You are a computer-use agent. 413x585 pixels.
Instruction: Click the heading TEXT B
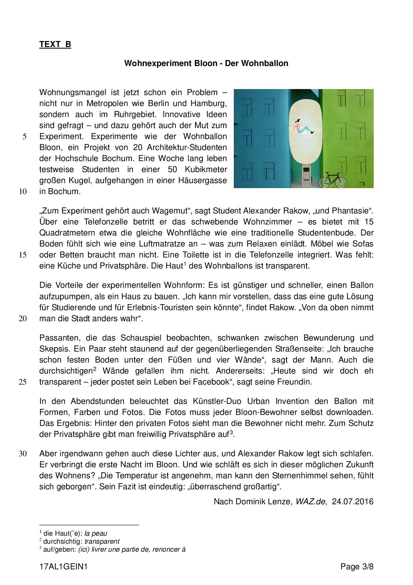click(55, 44)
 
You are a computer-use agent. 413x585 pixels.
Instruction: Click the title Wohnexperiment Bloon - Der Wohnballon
click(206, 63)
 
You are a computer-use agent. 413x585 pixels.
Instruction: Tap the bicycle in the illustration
click(332, 180)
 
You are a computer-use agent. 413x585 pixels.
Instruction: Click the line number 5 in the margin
click(24, 137)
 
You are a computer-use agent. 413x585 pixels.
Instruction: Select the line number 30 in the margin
click(23, 454)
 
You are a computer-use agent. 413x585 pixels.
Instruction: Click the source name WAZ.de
click(310, 502)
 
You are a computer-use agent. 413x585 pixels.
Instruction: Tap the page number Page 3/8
click(357, 567)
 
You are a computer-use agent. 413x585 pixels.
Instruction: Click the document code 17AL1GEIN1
click(63, 567)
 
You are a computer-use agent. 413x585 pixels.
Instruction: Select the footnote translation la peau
click(96, 534)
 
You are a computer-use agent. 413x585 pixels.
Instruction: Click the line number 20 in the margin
click(23, 319)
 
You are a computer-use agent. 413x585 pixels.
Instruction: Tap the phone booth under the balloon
click(306, 175)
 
